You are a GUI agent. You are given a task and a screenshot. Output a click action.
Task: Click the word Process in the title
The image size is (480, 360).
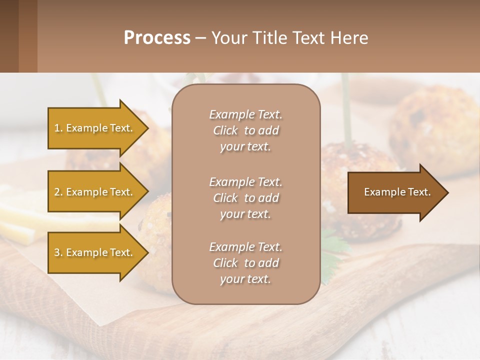click(x=157, y=38)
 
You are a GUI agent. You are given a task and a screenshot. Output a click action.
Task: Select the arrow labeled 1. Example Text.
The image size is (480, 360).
click(x=95, y=128)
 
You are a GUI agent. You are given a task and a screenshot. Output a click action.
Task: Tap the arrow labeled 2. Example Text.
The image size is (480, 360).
click(x=95, y=192)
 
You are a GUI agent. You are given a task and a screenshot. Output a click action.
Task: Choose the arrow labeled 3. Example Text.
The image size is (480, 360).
click(x=95, y=252)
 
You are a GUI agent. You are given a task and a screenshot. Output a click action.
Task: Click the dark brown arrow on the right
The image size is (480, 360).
click(x=395, y=192)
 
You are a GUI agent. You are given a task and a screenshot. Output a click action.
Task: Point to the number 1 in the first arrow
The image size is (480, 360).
click(x=57, y=128)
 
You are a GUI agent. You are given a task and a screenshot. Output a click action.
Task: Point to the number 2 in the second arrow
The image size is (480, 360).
click(x=57, y=192)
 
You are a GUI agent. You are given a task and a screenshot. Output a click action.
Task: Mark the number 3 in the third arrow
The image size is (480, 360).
click(x=57, y=252)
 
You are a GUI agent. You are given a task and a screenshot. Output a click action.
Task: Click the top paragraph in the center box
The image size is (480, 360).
click(x=245, y=130)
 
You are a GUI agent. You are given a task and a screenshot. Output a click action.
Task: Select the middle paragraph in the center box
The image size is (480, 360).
click(x=245, y=198)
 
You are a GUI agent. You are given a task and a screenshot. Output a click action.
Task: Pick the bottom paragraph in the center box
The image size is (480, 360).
click(x=245, y=263)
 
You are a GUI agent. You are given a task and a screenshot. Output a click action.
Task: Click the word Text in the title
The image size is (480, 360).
click(x=311, y=38)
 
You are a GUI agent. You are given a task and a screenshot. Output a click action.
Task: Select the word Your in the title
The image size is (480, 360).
click(x=229, y=38)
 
